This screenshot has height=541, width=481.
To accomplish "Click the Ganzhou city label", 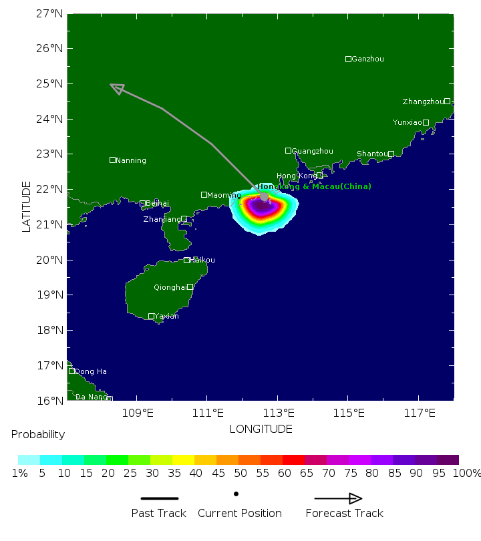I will tap(367, 59).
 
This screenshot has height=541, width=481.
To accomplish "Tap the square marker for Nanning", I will tap(112, 160).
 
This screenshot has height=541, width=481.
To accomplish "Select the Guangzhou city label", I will tap(312, 152).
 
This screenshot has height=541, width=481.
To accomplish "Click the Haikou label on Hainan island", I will tap(202, 260).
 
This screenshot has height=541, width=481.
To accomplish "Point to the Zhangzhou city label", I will tap(422, 102).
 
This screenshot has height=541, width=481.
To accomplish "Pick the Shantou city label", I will tap(371, 154).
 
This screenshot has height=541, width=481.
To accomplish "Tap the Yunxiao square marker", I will tap(426, 122).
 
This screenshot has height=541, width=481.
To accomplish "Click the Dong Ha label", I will tap(90, 372).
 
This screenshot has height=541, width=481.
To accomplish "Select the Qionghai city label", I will tap(170, 288).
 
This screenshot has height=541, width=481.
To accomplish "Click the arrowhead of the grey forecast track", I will tap(116, 88).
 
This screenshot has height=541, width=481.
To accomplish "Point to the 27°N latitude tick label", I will tap(51, 13).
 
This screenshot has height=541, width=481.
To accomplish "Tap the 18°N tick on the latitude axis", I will tap(51, 330).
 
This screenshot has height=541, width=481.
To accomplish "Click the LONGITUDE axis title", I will tap(261, 429).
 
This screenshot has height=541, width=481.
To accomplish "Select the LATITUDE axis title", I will tap(27, 206).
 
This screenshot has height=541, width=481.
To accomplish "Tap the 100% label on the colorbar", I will tap(467, 474).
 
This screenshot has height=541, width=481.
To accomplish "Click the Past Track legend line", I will tap(159, 498).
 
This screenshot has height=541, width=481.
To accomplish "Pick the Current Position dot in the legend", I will tap(236, 494).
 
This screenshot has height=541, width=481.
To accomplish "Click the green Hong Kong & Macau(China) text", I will tap(315, 186).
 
